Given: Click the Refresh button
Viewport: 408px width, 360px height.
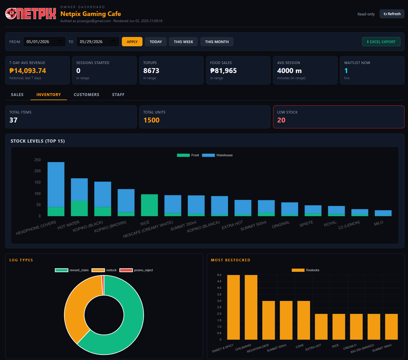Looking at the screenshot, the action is point(392,14).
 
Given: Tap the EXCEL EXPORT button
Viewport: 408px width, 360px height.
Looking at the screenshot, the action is point(381,42).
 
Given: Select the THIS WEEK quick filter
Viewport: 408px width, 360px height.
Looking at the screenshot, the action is point(183,42).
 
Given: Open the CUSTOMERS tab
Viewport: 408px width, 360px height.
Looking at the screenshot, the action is point(86,95).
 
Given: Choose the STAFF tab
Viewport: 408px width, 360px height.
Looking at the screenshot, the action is point(118,95).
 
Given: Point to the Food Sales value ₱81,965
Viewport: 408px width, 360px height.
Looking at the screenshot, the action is point(223,70).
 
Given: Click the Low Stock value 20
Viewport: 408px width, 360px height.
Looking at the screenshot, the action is point(281,120).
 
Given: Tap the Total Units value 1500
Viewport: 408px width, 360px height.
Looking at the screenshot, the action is point(151,120).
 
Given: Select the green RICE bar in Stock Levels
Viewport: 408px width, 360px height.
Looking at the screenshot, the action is point(149,205).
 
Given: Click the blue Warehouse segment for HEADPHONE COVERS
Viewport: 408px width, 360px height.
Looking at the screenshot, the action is point(56,185).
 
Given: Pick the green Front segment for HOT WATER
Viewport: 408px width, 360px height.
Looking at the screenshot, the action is point(79,208).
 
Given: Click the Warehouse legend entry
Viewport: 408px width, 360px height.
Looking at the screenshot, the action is point(217,155).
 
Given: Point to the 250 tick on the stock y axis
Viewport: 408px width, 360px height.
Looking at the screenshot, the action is point(38,160).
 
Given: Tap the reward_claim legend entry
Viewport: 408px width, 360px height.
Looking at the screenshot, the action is point(72,270).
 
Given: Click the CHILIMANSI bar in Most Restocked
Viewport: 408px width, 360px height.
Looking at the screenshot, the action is point(251,307).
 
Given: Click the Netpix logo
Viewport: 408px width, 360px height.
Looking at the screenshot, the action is point(31,14).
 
